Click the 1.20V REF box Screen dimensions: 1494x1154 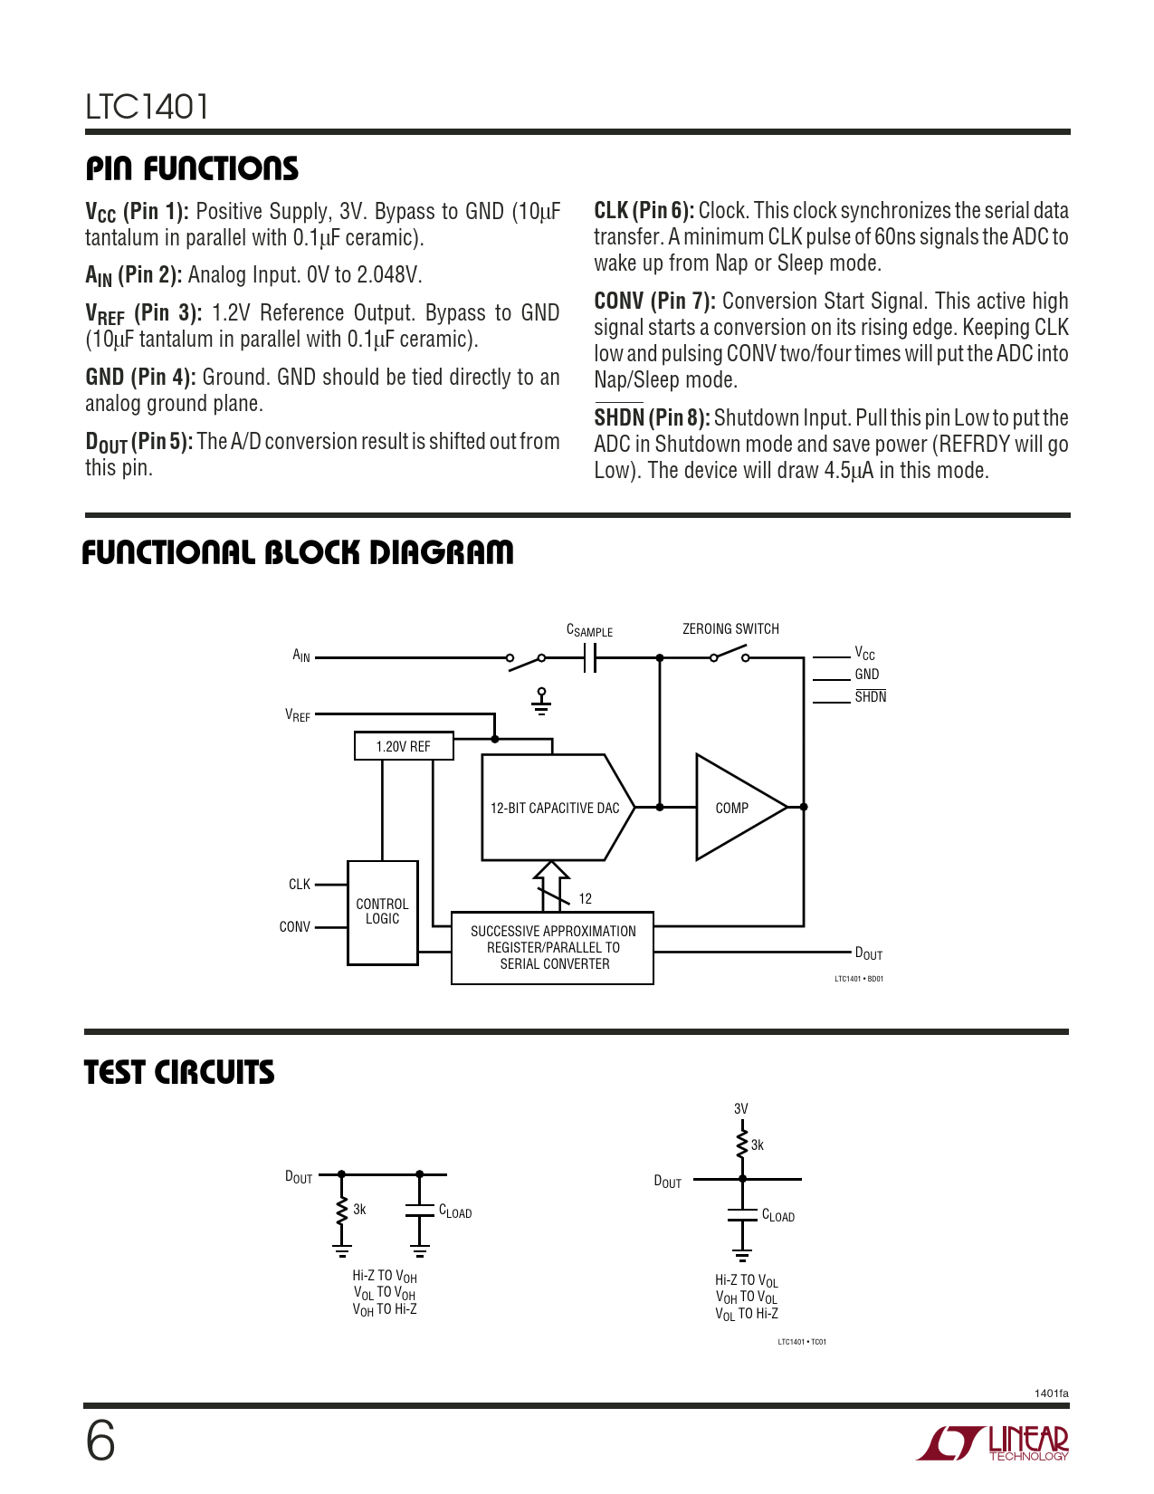(x=404, y=746)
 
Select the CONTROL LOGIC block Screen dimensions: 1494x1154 (x=383, y=912)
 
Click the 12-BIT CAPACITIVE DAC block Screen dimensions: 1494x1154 (x=556, y=808)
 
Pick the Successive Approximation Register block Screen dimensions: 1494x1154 (x=552, y=948)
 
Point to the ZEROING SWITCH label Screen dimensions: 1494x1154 (x=730, y=628)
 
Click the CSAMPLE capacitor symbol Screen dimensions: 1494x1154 (x=590, y=658)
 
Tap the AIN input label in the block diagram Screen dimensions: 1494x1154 (x=301, y=656)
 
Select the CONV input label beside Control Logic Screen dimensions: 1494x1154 (x=295, y=927)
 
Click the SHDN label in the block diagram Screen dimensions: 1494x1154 (x=870, y=697)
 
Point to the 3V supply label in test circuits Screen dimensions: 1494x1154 (x=741, y=1109)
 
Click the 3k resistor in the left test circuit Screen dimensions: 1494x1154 (x=342, y=1210)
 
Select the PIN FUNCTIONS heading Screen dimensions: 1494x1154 (x=192, y=168)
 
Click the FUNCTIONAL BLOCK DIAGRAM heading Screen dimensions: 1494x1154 (x=298, y=552)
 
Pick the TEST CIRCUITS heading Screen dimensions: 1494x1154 (x=179, y=1073)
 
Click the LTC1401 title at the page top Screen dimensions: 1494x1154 (x=148, y=107)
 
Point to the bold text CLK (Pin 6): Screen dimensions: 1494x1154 (x=644, y=211)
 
